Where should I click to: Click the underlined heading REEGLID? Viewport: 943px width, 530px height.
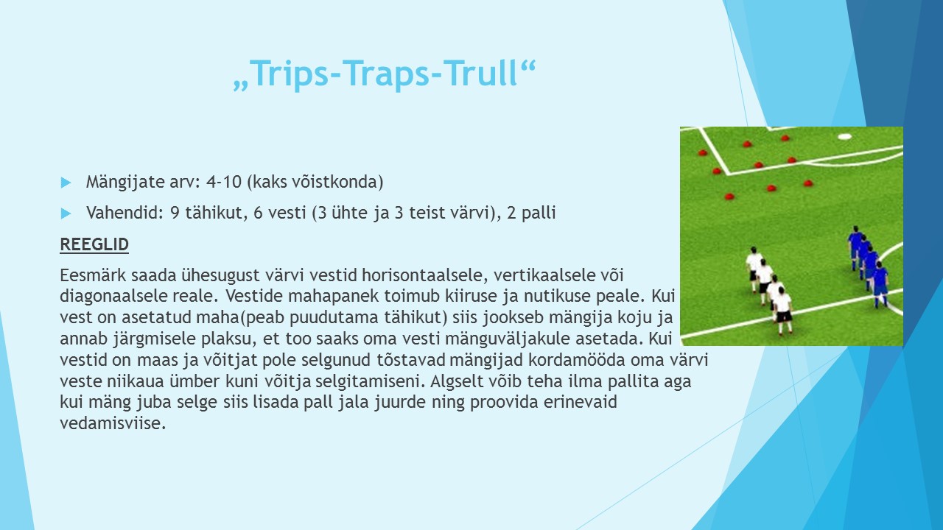coord(94,244)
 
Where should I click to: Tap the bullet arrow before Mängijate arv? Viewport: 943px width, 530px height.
coord(66,183)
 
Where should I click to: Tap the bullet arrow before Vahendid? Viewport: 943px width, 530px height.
coord(66,213)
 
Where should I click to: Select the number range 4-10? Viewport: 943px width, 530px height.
coord(224,182)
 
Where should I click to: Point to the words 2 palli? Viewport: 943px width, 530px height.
coord(531,213)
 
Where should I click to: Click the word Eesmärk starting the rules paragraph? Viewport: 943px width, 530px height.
coord(93,275)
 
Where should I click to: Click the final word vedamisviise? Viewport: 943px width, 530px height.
coord(113,423)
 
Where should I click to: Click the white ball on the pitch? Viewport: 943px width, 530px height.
coord(844,136)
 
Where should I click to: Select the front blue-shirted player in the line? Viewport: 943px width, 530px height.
coord(880,284)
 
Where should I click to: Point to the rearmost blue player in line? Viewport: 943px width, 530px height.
coord(855,247)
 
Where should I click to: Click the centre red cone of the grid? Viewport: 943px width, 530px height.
coord(759,165)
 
